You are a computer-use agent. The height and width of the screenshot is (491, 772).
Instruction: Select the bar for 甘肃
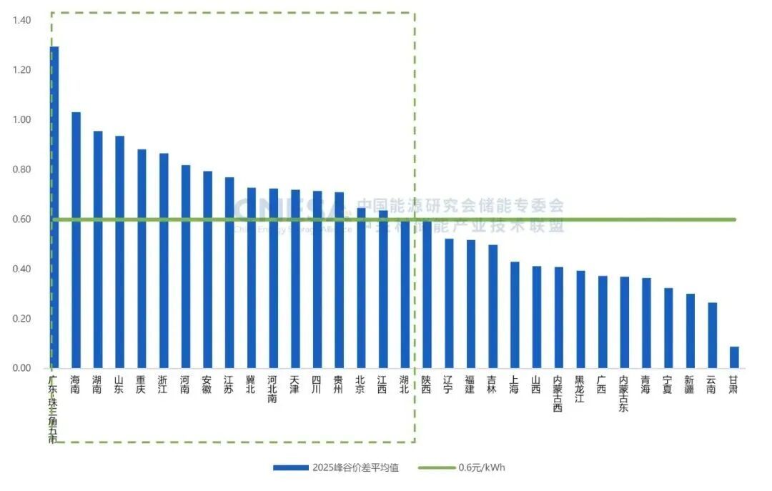(734, 357)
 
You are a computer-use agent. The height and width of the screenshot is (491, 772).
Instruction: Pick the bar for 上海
(515, 314)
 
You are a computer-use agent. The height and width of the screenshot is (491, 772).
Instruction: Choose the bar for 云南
(712, 335)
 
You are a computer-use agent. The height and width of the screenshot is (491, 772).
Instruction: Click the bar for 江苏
(229, 272)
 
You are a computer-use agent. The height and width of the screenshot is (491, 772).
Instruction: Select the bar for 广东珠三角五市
(54, 207)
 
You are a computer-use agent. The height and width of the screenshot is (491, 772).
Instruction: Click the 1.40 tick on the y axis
(21, 21)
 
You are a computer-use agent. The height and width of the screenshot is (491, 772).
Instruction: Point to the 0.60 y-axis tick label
(21, 219)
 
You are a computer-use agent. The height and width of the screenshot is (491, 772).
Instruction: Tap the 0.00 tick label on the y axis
(21, 368)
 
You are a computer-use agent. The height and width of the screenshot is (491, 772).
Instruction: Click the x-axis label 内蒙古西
(558, 394)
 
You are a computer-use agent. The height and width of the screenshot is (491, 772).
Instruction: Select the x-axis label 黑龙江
(580, 390)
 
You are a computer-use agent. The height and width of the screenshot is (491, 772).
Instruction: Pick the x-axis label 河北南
(273, 390)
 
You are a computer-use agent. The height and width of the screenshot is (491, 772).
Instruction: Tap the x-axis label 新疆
(690, 385)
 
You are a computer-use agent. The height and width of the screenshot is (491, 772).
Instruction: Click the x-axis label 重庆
(142, 385)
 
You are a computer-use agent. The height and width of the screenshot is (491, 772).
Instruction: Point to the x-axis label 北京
(361, 385)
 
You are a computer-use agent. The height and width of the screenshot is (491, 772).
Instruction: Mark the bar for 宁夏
(668, 328)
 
